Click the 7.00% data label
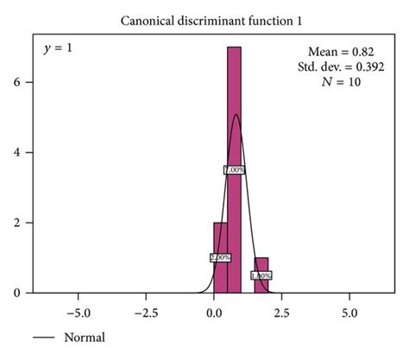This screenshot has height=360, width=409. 234,170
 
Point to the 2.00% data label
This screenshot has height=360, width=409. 220,257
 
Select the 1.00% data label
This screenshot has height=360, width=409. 261,275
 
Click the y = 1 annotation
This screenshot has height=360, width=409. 58,48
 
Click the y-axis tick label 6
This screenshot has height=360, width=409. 28,83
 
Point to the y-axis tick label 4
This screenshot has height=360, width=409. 28,153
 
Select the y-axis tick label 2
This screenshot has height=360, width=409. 28,223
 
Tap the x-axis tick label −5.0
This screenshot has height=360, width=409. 78,307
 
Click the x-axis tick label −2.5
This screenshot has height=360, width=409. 145,307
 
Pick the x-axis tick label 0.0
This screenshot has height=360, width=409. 214,307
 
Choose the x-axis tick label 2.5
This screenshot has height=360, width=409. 282,307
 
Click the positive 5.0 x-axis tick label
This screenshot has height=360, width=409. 349,307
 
